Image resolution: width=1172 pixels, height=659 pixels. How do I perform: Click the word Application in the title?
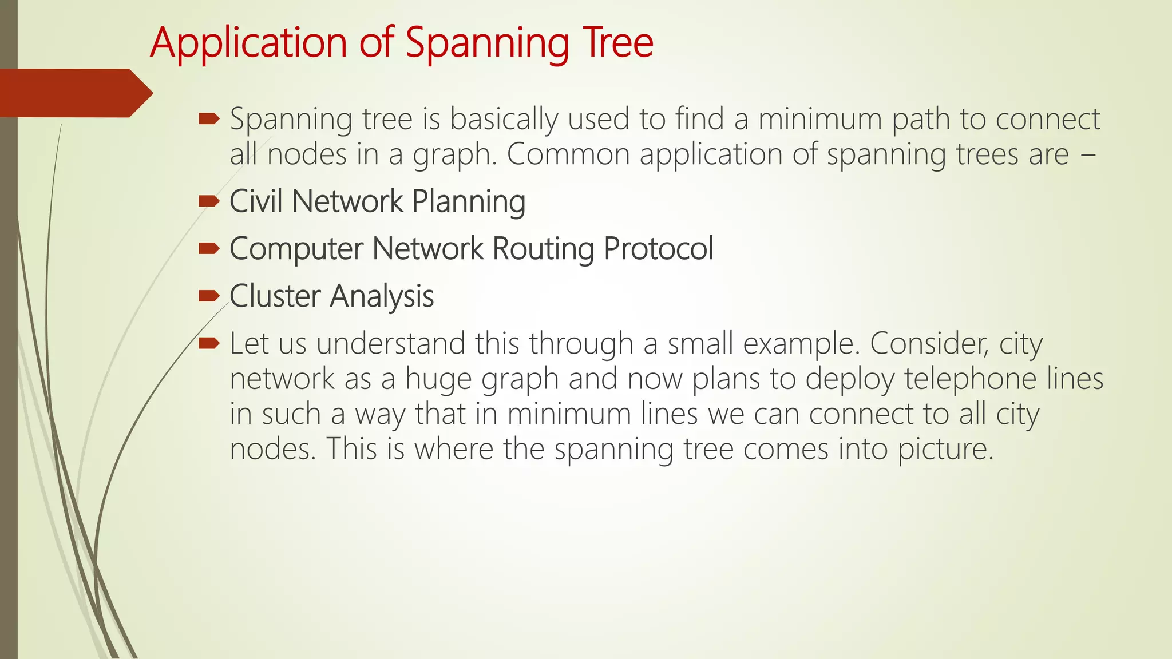click(x=248, y=43)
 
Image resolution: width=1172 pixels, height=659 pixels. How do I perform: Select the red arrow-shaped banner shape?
click(x=74, y=93)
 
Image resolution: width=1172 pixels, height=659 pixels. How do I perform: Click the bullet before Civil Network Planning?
click(x=209, y=201)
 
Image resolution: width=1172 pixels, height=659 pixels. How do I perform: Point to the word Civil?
click(x=256, y=201)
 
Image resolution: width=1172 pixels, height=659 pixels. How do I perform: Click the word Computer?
click(x=296, y=249)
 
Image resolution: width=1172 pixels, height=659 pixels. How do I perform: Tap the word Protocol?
click(x=658, y=248)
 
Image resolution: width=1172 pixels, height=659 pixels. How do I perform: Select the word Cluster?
click(x=275, y=296)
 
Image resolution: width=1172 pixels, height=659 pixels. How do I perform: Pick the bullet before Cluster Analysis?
click(x=209, y=296)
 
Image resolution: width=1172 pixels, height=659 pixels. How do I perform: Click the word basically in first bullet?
click(x=504, y=120)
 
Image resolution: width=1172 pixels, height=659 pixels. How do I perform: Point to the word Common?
click(x=568, y=154)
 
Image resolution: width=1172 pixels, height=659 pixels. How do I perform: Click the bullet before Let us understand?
click(x=209, y=343)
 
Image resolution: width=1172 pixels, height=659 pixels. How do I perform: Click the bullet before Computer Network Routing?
click(x=209, y=248)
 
